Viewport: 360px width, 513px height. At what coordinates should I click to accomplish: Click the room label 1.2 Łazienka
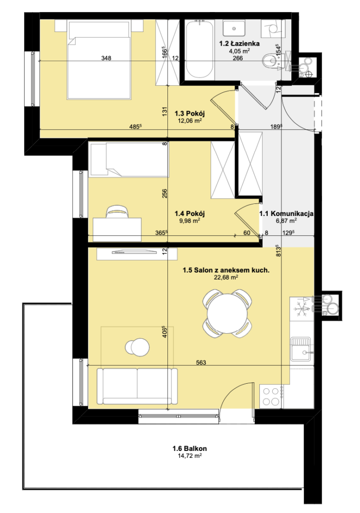240,44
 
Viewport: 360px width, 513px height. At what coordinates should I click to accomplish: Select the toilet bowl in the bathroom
271,61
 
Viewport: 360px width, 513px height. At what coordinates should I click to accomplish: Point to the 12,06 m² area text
190,120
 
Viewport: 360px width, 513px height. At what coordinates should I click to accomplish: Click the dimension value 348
106,58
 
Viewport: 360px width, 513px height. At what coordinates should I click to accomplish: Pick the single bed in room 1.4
129,160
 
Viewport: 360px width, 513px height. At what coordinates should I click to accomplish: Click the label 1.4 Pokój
190,213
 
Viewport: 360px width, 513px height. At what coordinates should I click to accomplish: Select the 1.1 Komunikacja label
286,213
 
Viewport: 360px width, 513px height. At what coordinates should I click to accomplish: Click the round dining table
227,314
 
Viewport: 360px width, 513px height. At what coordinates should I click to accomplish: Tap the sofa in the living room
137,386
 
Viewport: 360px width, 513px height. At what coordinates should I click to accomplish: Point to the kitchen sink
300,349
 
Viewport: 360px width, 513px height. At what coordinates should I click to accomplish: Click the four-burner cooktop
271,396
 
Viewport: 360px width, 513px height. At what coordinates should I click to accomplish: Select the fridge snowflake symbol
300,309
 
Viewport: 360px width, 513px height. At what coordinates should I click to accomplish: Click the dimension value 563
201,362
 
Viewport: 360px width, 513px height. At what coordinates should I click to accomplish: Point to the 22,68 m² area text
226,278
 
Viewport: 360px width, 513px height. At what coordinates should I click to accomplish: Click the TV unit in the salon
136,254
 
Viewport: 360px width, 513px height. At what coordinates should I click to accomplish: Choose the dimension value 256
165,193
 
